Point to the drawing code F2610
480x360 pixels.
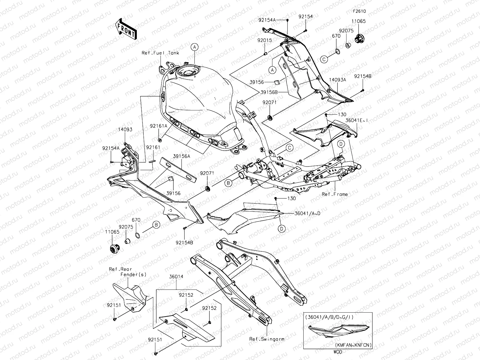(x=359, y=11)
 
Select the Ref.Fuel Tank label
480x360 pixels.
(x=164, y=53)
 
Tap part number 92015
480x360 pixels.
(x=264, y=40)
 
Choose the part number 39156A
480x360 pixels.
(x=181, y=156)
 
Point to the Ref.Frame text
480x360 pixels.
(x=334, y=194)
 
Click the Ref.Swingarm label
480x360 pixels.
(x=267, y=339)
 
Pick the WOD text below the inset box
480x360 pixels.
(x=337, y=350)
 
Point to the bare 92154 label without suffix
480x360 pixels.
(x=305, y=17)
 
